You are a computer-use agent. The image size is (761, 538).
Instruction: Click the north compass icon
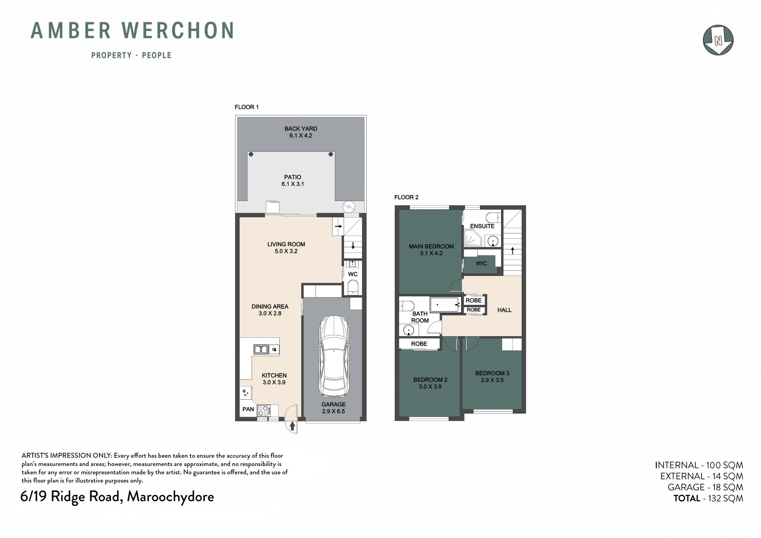718,40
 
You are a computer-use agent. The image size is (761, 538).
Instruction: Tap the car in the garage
334,356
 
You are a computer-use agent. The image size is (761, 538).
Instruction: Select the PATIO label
293,177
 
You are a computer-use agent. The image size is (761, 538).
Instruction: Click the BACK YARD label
301,128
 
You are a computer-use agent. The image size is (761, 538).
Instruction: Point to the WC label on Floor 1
353,274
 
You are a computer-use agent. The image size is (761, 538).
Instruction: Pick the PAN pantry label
248,409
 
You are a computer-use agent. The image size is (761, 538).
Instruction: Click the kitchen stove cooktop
264,410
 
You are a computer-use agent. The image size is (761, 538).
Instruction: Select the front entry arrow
293,426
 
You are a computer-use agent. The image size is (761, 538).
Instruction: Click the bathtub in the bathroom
446,304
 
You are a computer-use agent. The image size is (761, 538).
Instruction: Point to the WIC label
481,263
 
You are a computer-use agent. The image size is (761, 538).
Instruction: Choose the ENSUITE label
482,226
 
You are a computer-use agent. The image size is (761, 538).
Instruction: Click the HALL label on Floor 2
505,310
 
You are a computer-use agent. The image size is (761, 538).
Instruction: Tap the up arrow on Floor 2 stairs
512,251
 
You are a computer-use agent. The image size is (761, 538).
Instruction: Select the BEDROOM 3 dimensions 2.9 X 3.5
492,380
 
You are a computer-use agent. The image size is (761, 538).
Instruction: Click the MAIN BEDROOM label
431,246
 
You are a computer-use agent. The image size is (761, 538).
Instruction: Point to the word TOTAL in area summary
687,498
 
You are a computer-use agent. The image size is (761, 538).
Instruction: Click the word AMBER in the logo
71,31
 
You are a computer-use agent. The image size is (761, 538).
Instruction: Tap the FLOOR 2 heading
406,197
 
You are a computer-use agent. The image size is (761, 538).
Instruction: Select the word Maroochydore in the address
170,497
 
